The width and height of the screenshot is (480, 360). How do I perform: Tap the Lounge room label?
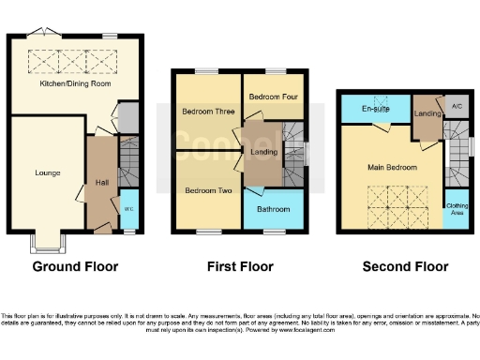pos(48,172)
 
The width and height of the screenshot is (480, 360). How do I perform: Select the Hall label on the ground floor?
pos(101,183)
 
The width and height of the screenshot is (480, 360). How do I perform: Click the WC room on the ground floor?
pos(128,208)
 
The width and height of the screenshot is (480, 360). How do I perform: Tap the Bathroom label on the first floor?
pos(274,209)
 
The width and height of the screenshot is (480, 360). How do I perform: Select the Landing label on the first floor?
pos(262,151)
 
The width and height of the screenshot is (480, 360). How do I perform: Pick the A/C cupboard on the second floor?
pos(457,108)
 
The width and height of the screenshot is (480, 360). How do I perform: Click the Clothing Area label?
pos(457,208)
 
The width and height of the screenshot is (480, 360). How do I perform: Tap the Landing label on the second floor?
pos(427,114)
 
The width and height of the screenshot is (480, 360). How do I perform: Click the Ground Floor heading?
pos(75,267)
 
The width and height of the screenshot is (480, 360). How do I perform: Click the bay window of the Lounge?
pos(45,246)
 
